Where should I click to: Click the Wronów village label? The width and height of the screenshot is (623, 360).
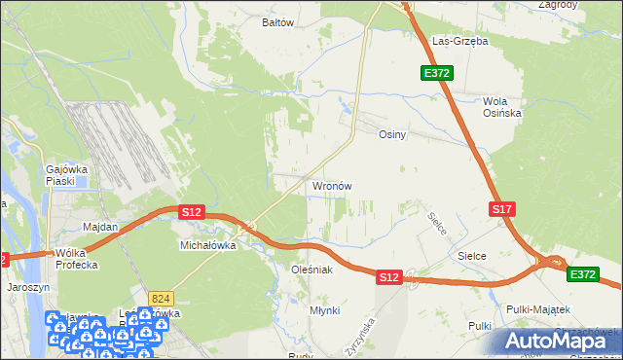point(331,185)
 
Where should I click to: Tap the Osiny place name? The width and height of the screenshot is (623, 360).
point(391,135)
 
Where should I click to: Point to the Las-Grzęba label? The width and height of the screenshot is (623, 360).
point(459,42)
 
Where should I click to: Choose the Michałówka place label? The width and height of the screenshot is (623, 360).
point(208,246)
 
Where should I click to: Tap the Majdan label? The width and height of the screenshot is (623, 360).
point(100,227)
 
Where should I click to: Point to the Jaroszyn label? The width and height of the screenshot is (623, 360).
point(27,288)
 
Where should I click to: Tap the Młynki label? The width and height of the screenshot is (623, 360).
point(323,309)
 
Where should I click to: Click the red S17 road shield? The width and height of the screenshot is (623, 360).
point(501,209)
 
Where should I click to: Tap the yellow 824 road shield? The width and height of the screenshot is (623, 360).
point(162,297)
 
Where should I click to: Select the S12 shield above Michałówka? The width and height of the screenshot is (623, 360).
point(191,211)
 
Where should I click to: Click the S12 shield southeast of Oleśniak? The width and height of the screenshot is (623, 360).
point(388,277)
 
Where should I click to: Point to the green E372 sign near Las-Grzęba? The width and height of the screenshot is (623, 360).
point(435,73)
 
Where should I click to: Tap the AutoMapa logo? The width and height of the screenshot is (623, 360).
point(558,340)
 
